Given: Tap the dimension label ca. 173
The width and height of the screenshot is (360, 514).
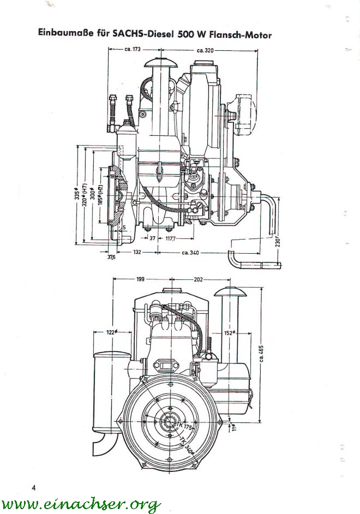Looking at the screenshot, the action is coord(133,50).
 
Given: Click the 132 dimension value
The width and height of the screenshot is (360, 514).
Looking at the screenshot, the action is coord(137,252).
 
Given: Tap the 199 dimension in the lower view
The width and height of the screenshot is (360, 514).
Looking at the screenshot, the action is coord(140,279).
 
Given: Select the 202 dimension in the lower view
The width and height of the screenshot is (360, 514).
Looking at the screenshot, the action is coord(198,279).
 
